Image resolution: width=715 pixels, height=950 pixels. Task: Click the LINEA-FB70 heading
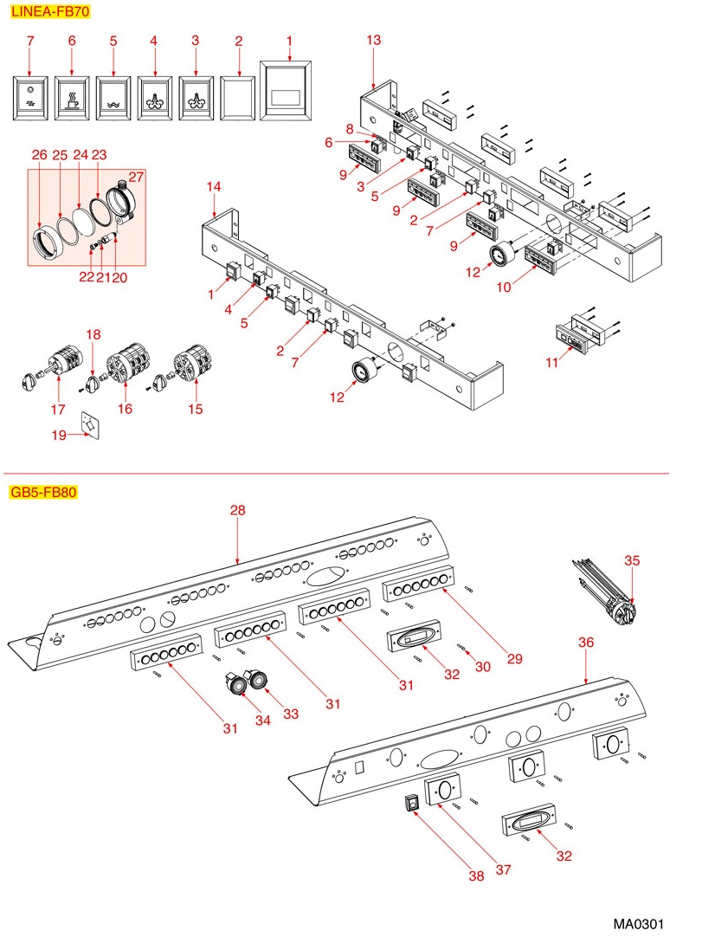[x=48, y=12]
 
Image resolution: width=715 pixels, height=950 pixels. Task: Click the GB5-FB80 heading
[x=43, y=494]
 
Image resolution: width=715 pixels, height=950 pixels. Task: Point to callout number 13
[x=373, y=41]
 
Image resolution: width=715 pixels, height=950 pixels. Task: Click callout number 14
[x=214, y=186]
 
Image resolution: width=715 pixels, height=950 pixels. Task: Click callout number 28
[x=237, y=511]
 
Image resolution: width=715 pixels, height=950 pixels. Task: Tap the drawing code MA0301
[x=639, y=924]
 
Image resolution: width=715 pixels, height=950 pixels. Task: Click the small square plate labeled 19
[x=89, y=424]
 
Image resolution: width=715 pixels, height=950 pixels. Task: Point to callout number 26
[x=39, y=155]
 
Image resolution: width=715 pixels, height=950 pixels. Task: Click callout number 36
[x=586, y=642]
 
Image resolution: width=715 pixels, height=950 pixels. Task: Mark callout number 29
[x=515, y=659]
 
